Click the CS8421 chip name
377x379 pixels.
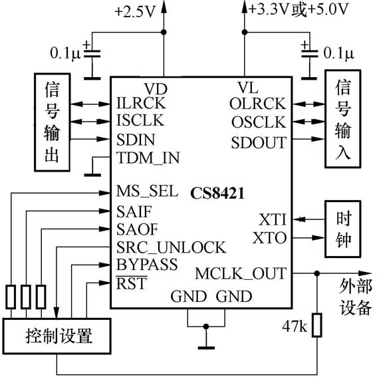click(217, 194)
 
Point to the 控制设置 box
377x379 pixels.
click(58, 334)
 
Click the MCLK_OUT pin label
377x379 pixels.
click(241, 273)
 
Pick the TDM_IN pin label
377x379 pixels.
click(148, 158)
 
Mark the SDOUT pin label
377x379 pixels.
click(259, 142)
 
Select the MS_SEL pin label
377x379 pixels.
click(146, 191)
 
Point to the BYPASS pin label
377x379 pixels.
click(147, 265)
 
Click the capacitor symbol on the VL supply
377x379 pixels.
click(308, 53)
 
